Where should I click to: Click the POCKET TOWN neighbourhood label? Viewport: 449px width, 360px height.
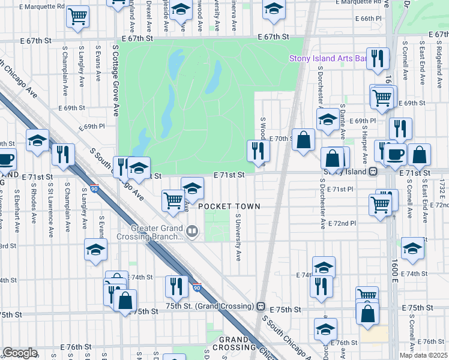229,206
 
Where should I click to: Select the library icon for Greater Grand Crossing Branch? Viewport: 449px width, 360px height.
192,230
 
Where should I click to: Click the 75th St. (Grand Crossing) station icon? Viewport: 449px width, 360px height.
261,305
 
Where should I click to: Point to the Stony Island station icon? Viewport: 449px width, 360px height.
373,170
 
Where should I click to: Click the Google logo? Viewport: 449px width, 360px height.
20,352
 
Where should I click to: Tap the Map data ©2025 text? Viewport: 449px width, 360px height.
422,355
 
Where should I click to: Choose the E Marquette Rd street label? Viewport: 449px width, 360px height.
42,7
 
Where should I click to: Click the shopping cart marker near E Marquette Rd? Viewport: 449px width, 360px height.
78,17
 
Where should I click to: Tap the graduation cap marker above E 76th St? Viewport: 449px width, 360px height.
325,328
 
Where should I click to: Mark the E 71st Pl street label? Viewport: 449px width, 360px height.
341,190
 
